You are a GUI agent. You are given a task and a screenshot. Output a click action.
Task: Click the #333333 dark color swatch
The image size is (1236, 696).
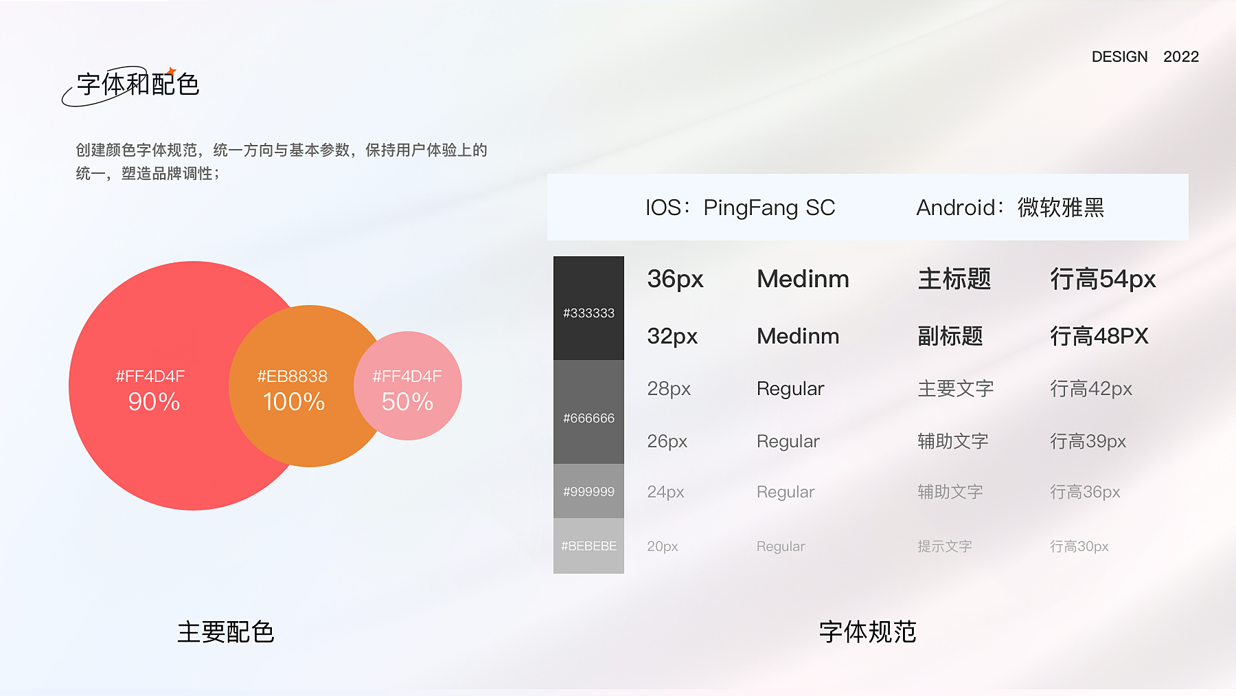(588, 308)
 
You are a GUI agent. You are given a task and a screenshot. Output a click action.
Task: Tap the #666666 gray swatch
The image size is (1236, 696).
(588, 412)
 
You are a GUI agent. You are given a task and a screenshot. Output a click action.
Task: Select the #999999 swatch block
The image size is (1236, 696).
(588, 491)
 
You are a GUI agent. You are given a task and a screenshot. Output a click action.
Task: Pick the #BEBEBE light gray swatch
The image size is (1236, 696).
(588, 546)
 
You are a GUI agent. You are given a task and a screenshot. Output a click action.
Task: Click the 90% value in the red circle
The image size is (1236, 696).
(154, 402)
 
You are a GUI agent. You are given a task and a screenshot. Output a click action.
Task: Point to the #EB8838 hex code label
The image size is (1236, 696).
(293, 377)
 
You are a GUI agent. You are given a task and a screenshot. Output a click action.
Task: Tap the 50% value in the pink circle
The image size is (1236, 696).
(407, 402)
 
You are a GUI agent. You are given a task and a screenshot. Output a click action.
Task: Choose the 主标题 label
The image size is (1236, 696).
(954, 279)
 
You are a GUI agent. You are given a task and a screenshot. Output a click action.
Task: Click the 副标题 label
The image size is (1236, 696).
(950, 336)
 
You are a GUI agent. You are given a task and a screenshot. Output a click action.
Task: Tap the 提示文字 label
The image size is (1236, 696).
(945, 546)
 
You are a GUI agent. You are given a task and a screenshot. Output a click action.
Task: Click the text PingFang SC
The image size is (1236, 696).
(769, 207)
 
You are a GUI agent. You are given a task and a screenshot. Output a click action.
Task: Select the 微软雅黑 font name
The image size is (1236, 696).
(1061, 207)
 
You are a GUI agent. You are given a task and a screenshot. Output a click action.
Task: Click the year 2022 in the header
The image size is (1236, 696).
(1181, 56)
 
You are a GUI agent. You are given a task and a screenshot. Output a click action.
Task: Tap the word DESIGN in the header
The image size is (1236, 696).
(1119, 56)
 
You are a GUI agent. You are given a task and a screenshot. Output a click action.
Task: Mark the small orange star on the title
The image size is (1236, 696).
(171, 71)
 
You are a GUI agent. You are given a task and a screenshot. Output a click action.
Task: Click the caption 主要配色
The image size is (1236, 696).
(226, 632)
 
